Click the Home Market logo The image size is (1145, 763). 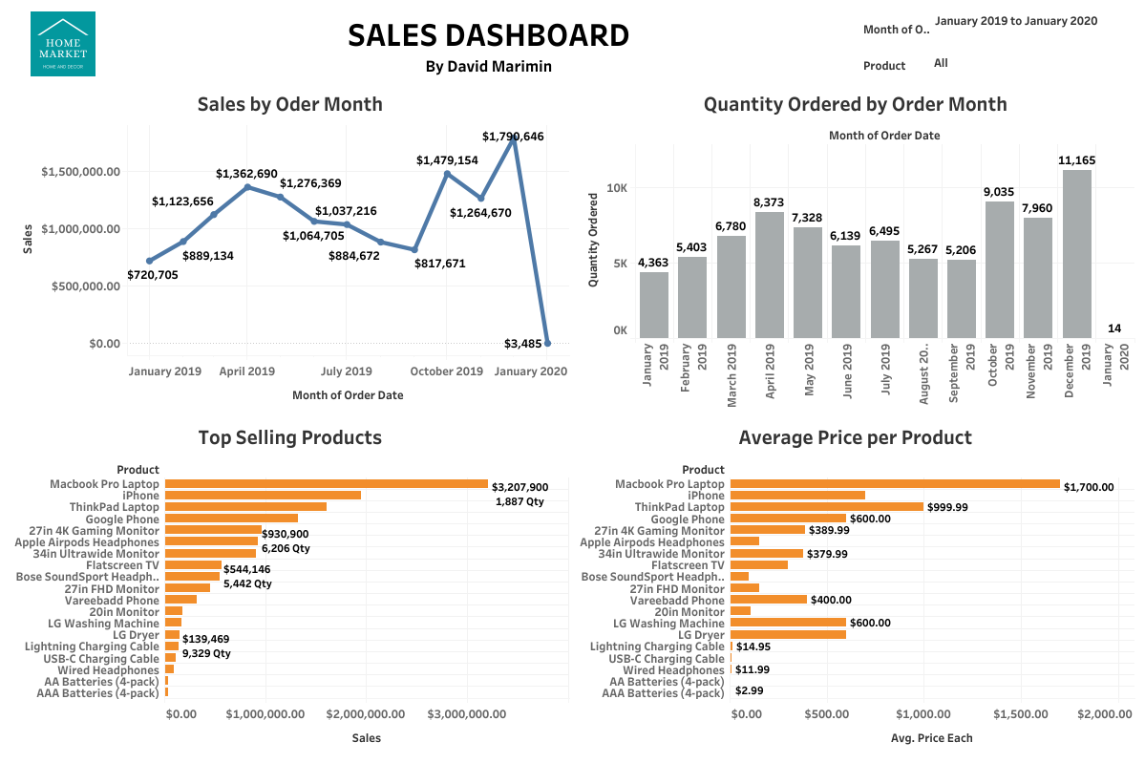tap(63, 44)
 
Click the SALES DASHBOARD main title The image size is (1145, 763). tap(488, 35)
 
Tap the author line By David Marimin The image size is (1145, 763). tap(488, 66)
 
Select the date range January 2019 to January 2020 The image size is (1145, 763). tap(1016, 21)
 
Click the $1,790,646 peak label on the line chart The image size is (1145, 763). tap(513, 137)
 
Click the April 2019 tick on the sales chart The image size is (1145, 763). tap(247, 371)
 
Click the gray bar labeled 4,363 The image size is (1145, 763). tap(654, 305)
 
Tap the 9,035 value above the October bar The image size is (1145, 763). tap(999, 192)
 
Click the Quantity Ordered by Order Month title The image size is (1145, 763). tap(855, 104)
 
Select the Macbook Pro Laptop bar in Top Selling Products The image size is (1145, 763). tap(326, 484)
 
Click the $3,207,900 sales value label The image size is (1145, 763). tap(519, 486)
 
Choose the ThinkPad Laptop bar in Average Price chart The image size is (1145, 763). tap(826, 507)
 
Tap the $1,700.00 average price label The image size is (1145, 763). tap(1090, 487)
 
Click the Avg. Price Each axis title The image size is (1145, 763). tap(930, 737)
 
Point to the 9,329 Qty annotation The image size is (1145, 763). tap(207, 654)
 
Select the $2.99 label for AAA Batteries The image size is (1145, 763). tap(749, 690)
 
